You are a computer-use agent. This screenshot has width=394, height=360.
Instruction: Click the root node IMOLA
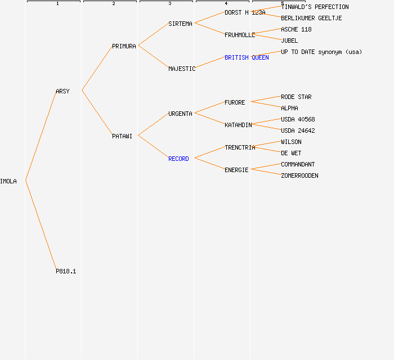[8, 181]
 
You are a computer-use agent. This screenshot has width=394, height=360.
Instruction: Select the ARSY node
[62, 91]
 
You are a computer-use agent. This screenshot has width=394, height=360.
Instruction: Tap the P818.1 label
[66, 271]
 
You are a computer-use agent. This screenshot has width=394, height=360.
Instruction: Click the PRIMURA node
[124, 46]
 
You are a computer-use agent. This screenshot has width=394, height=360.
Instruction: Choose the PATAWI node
[122, 136]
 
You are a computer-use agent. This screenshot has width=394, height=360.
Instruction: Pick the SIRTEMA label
[180, 24]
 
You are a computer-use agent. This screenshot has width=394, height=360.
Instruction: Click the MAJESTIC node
[182, 69]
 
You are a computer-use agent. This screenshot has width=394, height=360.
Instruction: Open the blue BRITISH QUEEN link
[247, 57]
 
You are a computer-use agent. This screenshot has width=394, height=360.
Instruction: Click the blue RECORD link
[178, 159]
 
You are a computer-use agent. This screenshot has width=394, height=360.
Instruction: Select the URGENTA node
[180, 114]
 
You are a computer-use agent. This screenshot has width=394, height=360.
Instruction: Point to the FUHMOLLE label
[240, 35]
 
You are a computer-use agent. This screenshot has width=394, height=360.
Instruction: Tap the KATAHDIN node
[238, 125]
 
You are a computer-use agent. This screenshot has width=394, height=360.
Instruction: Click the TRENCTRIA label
[240, 147]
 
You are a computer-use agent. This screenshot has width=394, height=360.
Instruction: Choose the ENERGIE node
[236, 170]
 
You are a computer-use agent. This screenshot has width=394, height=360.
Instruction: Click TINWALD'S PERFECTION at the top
[315, 7]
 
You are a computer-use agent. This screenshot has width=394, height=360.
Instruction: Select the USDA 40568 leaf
[298, 119]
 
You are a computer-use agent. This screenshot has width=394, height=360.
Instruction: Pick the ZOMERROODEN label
[299, 175]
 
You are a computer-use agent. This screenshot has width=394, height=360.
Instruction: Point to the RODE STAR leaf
[296, 97]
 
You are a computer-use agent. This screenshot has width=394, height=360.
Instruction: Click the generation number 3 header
[169, 4]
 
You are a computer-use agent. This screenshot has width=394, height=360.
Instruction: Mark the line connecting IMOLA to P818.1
[41, 225]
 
